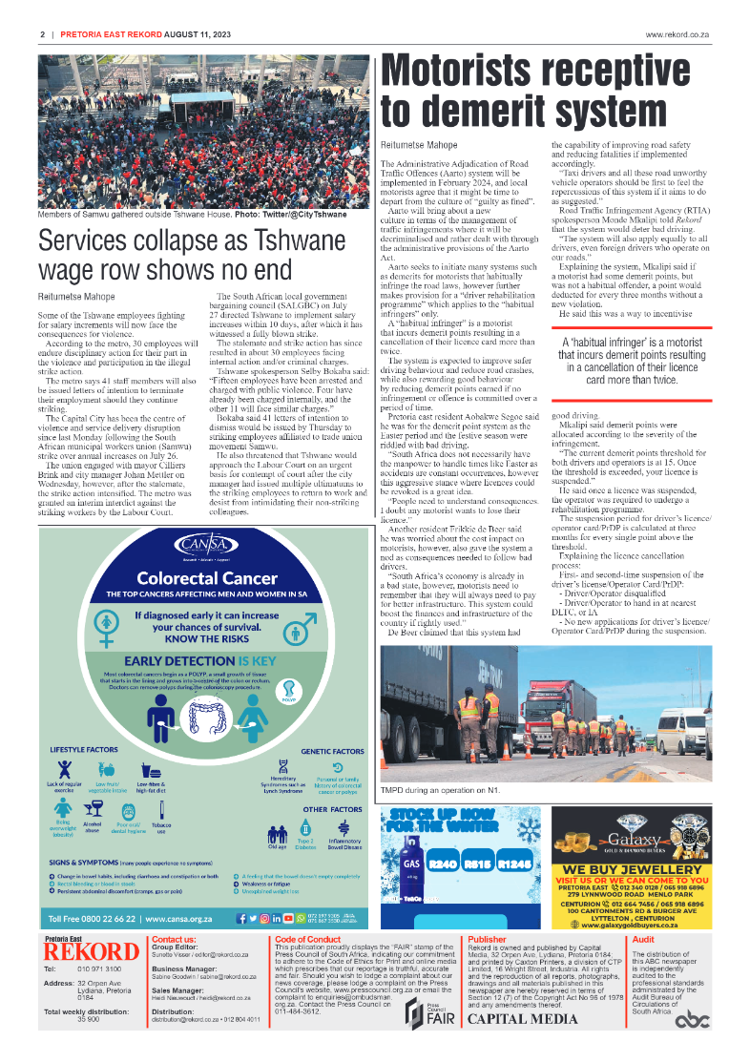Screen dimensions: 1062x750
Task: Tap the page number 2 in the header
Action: point(43,34)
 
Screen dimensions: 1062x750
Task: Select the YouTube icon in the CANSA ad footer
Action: point(288,918)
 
